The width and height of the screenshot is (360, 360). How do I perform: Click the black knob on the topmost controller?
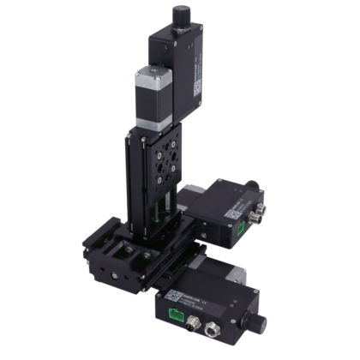[183, 14]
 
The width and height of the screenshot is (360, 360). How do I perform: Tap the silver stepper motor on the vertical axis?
[151, 95]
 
